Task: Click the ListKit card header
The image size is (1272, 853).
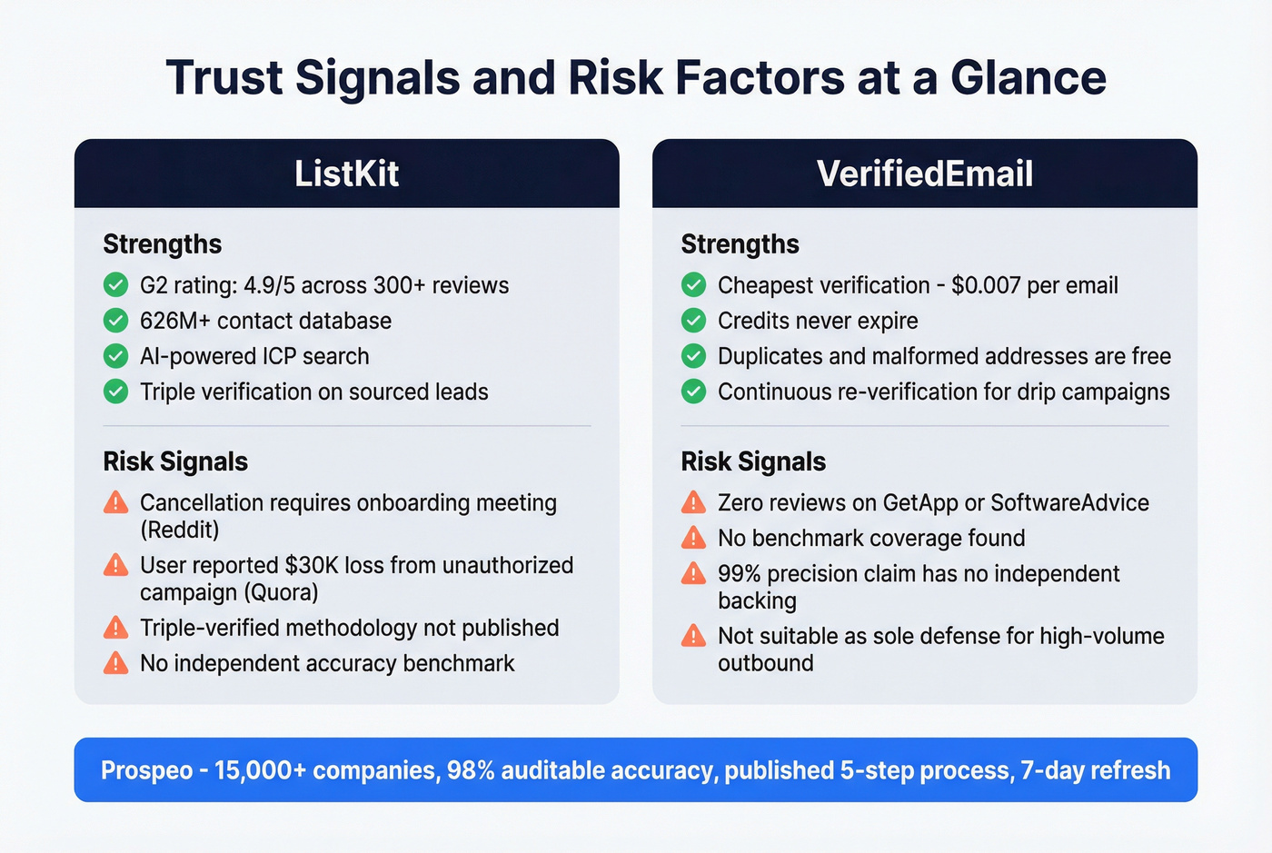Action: (x=346, y=174)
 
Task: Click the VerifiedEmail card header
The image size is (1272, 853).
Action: (x=924, y=174)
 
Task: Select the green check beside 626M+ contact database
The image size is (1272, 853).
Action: (x=115, y=321)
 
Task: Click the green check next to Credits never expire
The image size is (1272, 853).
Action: (x=693, y=321)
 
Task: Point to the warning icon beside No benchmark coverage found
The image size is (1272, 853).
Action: (x=693, y=538)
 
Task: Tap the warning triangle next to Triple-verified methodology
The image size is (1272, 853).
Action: (x=115, y=628)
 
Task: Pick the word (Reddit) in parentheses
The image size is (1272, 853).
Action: (x=179, y=530)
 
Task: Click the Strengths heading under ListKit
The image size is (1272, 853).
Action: (x=162, y=244)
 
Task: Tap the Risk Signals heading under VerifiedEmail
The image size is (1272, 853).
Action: (x=753, y=461)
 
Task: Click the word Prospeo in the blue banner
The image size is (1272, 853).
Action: (x=146, y=770)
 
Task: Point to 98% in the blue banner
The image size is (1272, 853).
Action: (x=471, y=770)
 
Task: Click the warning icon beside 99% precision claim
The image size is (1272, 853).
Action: (x=693, y=573)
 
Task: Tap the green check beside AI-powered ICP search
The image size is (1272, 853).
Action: (x=115, y=356)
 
